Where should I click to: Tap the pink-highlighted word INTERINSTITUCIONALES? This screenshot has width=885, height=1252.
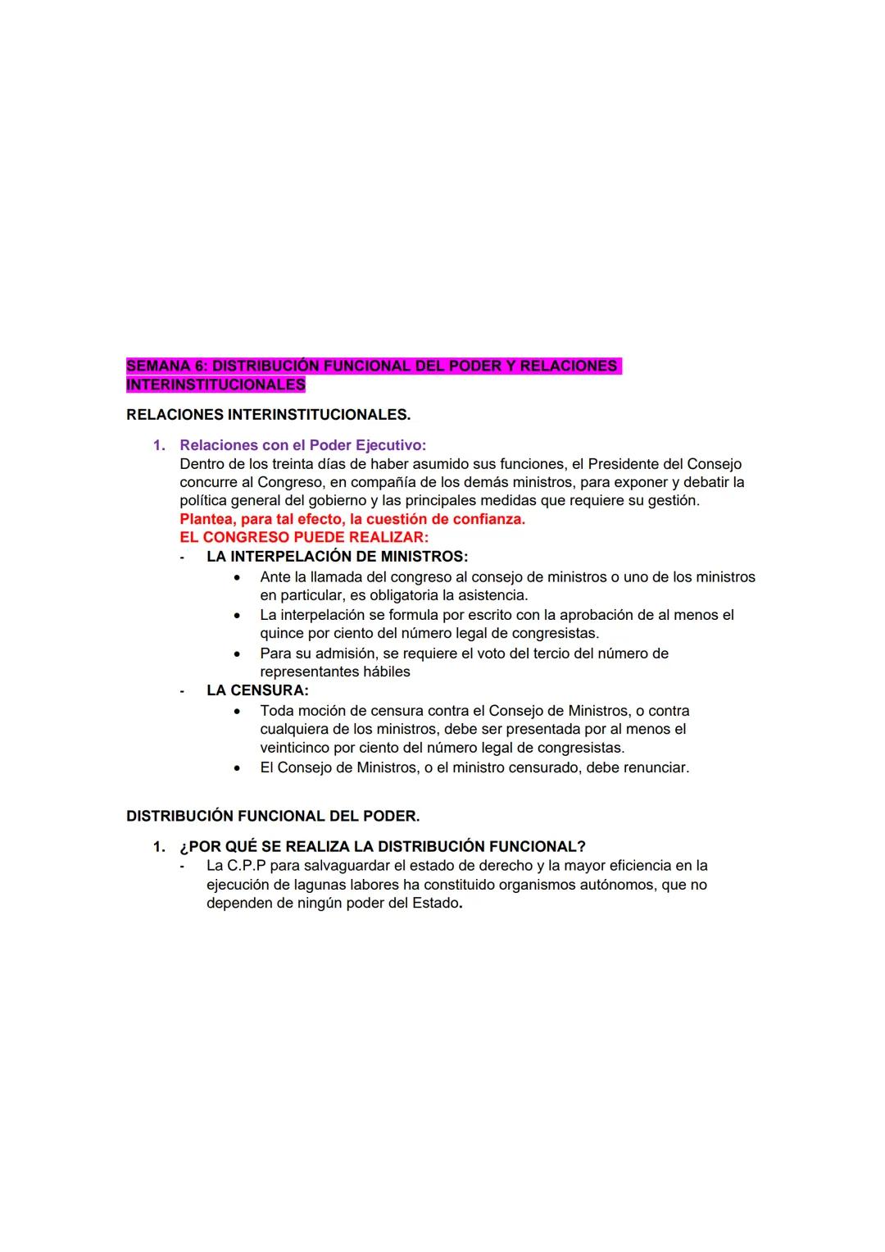click(x=216, y=385)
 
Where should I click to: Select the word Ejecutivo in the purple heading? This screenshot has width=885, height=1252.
click(x=390, y=445)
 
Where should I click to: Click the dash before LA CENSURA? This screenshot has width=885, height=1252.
click(x=182, y=691)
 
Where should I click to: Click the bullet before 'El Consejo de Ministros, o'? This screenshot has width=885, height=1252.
click(x=237, y=768)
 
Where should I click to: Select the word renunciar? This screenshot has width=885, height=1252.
click(x=656, y=768)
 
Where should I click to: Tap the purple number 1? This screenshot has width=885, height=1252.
click(x=159, y=445)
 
